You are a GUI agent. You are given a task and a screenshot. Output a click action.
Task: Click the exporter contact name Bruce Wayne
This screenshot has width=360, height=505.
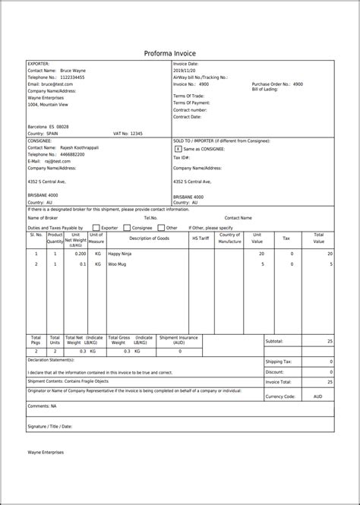(73, 70)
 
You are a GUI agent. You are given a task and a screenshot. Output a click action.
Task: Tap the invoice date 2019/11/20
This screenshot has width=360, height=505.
(186, 70)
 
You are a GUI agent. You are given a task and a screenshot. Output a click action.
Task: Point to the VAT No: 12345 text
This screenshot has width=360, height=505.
(127, 133)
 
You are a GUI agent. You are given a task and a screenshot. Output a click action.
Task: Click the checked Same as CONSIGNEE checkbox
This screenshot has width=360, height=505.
(178, 150)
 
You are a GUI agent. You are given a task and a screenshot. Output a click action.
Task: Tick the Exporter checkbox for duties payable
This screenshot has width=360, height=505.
(96, 226)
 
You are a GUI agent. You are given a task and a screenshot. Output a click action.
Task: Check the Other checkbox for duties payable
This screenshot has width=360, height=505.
(161, 226)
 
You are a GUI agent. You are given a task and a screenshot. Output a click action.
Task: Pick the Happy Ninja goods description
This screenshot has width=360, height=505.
(119, 253)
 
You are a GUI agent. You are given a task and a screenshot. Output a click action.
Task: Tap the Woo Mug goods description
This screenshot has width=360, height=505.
(117, 264)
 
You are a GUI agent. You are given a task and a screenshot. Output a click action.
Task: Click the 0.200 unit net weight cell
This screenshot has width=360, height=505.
(75, 253)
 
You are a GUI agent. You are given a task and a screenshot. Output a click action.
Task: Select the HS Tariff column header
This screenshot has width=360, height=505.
(200, 238)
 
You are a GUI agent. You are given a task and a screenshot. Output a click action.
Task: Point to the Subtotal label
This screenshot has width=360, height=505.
(275, 341)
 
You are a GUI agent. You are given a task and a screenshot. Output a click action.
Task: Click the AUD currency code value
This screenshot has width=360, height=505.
(317, 396)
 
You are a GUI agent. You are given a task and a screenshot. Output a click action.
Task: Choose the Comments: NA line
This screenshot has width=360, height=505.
(43, 406)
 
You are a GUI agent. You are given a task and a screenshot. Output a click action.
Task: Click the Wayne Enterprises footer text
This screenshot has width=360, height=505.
(46, 452)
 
